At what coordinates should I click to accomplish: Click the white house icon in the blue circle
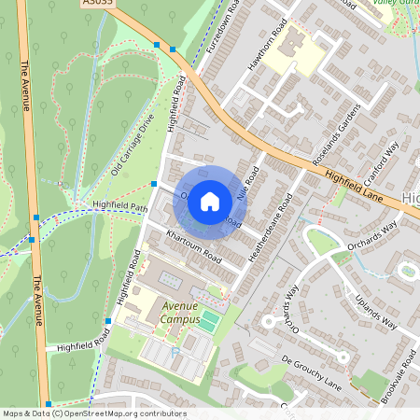point(210,202)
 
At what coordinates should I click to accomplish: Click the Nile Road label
point(249,183)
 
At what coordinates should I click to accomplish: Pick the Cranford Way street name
point(381,163)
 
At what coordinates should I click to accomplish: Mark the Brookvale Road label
point(399,374)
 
